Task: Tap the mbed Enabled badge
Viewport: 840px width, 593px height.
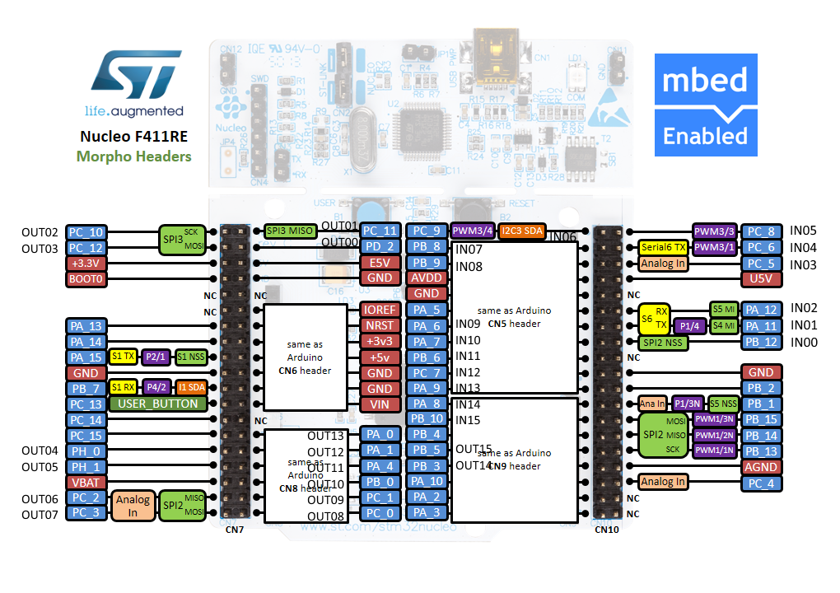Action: coord(706,105)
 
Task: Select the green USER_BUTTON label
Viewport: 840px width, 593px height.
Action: coord(158,404)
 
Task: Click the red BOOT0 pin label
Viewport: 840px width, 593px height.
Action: coord(86,278)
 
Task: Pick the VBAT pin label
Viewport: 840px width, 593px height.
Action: coord(86,482)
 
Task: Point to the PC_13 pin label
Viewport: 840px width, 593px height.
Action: coord(86,404)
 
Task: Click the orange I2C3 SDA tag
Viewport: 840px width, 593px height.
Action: coord(520,231)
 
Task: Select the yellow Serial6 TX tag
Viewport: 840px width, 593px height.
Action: coord(663,247)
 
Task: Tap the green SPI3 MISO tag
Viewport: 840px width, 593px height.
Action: coord(289,231)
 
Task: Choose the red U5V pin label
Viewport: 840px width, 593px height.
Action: coord(761,278)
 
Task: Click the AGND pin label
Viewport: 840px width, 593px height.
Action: coord(761,466)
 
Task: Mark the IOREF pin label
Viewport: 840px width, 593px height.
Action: coord(380,310)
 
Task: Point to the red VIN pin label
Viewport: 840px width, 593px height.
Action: coord(380,404)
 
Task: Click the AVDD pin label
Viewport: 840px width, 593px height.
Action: coord(426,278)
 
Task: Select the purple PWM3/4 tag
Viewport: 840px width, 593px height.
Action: coord(472,231)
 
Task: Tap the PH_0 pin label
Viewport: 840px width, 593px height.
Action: coord(86,451)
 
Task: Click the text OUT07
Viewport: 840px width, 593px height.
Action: coord(40,514)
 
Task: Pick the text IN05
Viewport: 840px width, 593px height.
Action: coord(803,231)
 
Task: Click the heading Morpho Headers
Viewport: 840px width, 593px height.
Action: coord(133,156)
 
